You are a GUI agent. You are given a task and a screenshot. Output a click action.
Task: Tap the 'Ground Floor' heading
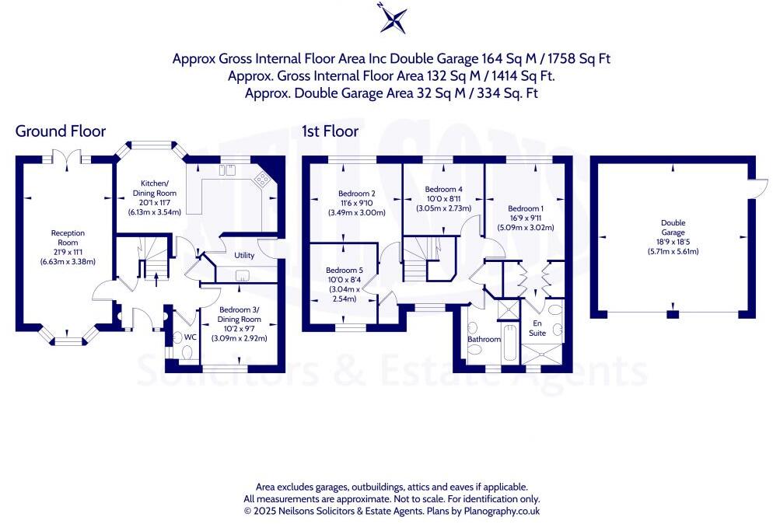(61, 131)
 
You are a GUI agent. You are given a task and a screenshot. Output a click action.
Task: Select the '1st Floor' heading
(331, 131)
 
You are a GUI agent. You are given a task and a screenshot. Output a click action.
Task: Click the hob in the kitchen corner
(263, 180)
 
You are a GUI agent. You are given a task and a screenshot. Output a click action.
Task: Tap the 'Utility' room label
(244, 255)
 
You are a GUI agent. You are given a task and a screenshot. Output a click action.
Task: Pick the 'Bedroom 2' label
(357, 194)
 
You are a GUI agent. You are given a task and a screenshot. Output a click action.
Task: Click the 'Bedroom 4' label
(444, 190)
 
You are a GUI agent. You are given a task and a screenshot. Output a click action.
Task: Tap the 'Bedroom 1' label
(526, 208)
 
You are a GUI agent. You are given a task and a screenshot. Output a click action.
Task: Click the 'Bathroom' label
(483, 340)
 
